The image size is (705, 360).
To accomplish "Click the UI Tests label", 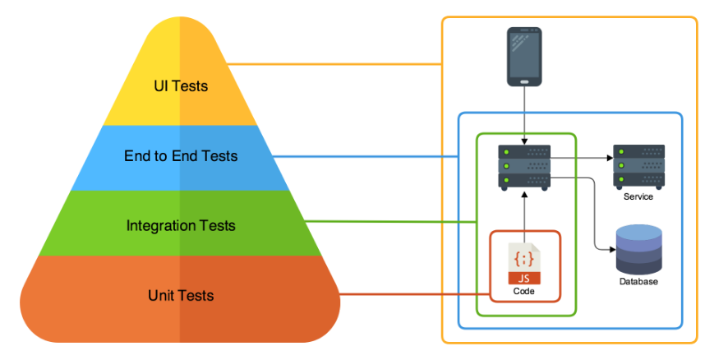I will pos(181,85).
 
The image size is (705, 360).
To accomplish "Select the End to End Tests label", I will pos(181,155).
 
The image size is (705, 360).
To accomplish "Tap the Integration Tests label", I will pos(181,225).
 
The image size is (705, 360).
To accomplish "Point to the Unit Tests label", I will pos(181,295).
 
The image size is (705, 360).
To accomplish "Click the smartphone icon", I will pos(524,57).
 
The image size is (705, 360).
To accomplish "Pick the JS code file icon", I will pos(524,265).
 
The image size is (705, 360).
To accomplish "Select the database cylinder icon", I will pos(639,252).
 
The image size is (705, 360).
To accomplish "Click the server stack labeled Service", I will pos(638,166).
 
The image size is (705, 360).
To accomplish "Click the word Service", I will pos(638,197).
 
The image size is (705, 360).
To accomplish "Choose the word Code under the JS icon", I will pos(524,292).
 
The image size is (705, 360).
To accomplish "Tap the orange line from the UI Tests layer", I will pos(329,63).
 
